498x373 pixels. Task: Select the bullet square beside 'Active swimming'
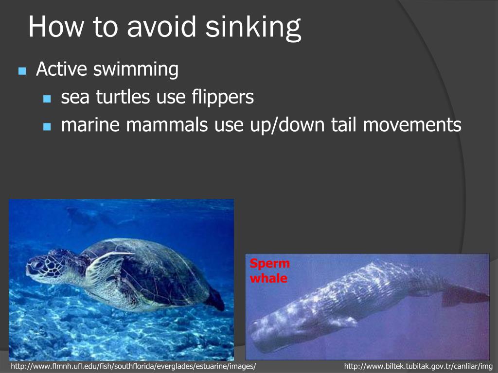(21, 71)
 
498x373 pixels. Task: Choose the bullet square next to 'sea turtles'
(47, 99)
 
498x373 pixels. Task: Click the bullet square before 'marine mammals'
(47, 127)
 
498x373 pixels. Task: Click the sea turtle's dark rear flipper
(214, 299)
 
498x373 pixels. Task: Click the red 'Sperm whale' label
(269, 271)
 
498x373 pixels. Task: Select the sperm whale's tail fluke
(464, 294)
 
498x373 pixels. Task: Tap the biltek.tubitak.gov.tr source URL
(418, 366)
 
